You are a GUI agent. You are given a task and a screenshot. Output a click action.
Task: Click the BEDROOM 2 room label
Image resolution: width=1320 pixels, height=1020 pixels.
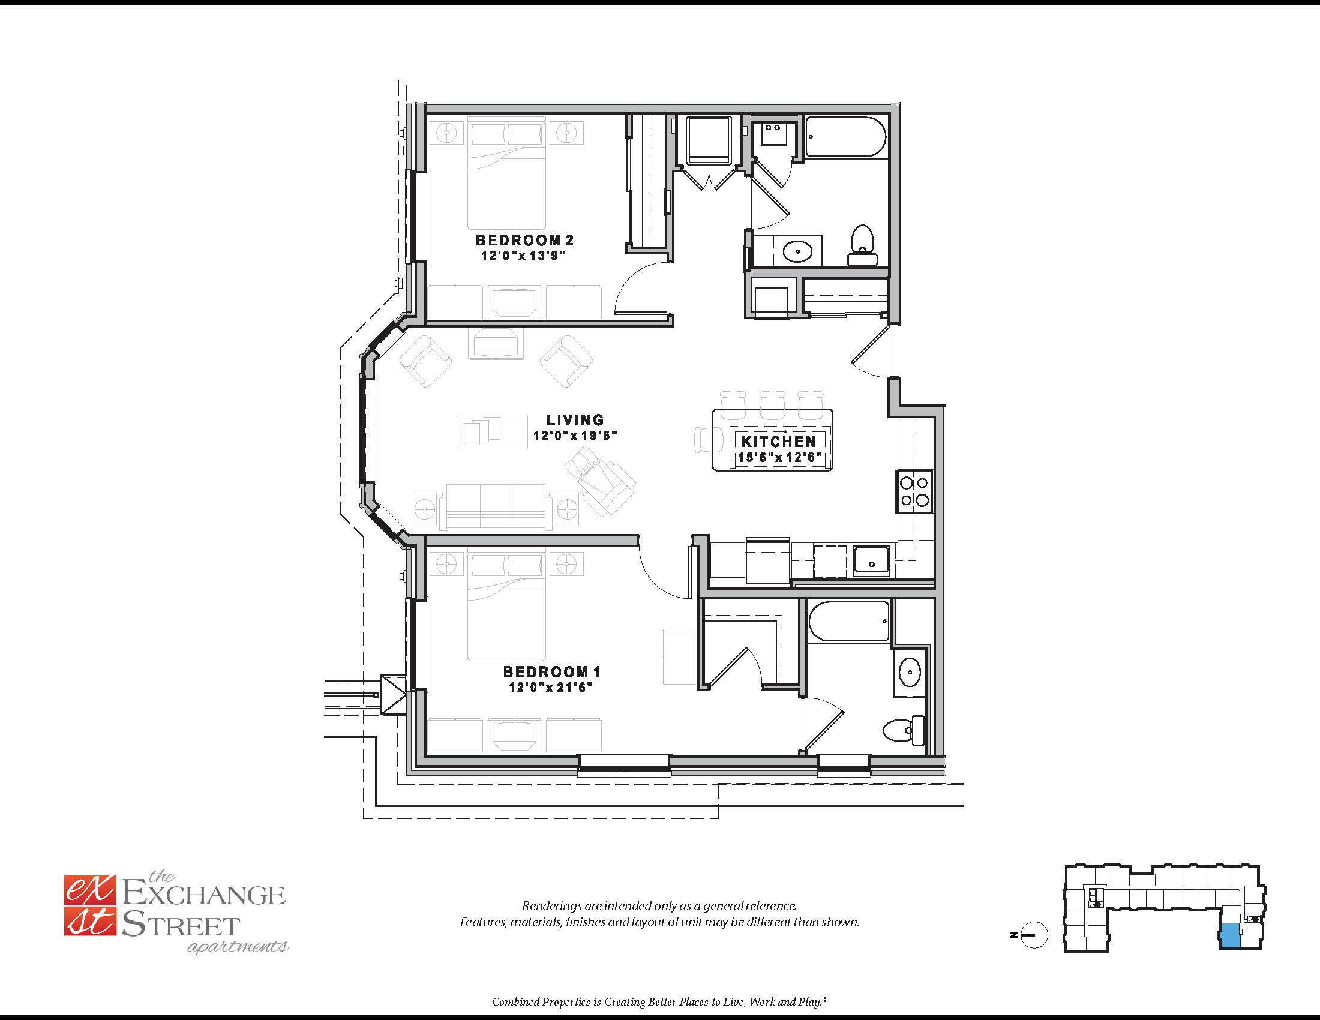coord(524,240)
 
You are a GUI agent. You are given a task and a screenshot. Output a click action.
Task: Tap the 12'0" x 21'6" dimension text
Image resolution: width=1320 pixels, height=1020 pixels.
coord(550,687)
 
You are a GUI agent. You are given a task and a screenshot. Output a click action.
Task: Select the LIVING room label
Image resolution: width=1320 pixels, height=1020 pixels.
coord(575,419)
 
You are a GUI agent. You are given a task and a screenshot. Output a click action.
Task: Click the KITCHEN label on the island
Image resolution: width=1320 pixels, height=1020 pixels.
coord(778,441)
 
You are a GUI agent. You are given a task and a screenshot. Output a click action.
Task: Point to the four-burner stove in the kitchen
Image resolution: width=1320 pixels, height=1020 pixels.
coord(914,491)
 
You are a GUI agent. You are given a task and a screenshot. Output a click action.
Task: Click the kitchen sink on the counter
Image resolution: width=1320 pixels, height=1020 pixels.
coord(871,560)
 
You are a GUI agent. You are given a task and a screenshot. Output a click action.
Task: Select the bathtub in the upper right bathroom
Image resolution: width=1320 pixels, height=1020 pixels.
coord(845,137)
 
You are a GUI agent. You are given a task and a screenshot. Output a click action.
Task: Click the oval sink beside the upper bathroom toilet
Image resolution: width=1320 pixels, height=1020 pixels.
coord(797,250)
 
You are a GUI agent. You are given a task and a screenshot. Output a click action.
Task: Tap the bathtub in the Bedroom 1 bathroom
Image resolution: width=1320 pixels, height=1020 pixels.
coord(848,621)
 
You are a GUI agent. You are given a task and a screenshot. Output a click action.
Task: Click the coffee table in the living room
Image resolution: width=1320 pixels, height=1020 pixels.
coord(493,431)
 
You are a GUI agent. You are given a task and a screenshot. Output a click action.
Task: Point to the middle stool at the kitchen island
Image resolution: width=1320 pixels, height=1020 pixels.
coord(772,404)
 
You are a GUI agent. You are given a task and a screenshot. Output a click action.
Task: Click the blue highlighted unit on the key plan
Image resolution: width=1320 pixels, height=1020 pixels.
coord(1230,935)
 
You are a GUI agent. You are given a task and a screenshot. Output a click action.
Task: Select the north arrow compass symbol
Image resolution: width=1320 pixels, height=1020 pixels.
coord(1033,935)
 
